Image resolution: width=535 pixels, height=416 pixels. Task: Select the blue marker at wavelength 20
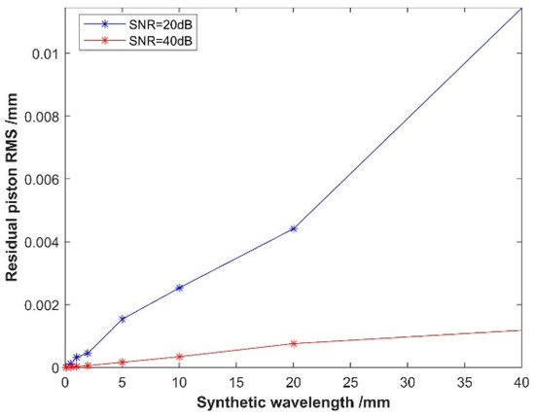click(294, 228)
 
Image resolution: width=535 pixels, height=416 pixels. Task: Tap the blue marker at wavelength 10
click(179, 288)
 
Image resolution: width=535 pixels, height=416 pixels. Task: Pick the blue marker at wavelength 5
click(123, 319)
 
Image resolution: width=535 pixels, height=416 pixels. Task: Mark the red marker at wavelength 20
click(294, 343)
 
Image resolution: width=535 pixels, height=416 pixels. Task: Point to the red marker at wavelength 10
click(179, 357)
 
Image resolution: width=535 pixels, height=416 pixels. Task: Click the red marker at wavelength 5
click(123, 363)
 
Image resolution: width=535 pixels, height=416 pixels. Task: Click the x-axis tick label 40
click(521, 382)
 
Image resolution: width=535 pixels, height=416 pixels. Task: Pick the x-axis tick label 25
click(350, 382)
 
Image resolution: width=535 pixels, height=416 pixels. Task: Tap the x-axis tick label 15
click(236, 382)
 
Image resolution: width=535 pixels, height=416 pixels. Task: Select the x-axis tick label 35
click(465, 382)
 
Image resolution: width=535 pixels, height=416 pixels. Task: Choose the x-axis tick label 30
click(408, 382)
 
